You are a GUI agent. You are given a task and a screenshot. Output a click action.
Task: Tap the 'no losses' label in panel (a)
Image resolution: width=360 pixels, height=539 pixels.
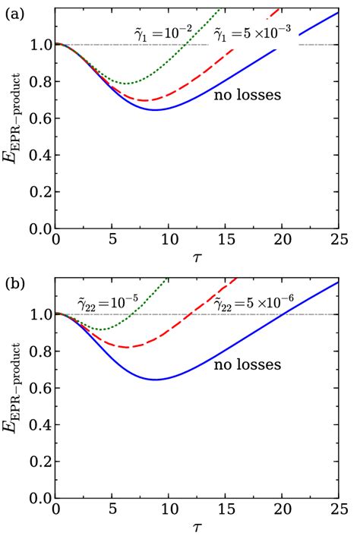pos(247,95)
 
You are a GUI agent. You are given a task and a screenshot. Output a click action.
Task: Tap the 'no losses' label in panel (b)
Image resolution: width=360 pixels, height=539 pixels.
pos(247,365)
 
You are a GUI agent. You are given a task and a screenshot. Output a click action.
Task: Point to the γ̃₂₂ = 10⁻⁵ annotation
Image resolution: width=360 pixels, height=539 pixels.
pos(108,304)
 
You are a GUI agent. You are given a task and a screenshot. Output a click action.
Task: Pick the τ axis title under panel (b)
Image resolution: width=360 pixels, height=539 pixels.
pos(197,528)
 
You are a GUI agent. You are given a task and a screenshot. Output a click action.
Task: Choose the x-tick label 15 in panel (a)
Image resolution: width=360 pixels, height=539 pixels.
pos(226,240)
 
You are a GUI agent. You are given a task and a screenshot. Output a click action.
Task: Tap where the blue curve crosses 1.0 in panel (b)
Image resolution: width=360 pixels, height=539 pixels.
pos(285,314)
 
